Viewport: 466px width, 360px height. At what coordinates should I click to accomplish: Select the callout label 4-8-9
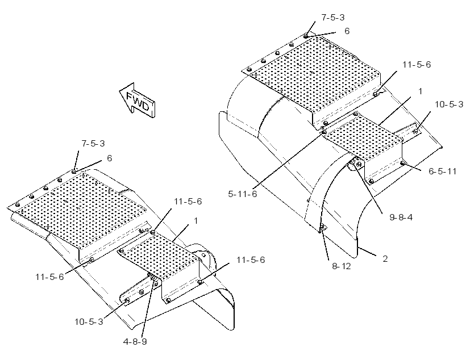coord(135,342)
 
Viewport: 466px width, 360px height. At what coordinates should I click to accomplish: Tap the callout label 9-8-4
coord(401,217)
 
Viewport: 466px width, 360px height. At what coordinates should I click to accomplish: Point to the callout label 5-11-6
coord(242,194)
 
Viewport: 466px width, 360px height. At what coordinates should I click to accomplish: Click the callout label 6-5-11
coord(442,171)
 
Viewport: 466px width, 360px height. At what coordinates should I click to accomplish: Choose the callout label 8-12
coord(341,266)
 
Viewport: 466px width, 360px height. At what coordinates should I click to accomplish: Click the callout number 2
coord(385,259)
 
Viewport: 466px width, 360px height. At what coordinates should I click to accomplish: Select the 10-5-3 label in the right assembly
coord(449,104)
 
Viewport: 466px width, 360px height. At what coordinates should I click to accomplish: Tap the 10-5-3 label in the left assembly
coord(89,322)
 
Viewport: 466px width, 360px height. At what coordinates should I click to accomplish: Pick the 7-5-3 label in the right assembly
coord(333,18)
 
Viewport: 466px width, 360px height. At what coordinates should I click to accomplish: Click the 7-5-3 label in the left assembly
coord(93,144)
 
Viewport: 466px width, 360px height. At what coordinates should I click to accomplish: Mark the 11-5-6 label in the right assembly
coord(417,65)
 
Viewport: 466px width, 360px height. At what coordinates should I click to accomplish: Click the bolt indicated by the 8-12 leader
coord(322,228)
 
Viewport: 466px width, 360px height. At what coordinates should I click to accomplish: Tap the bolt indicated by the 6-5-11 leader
coord(402,163)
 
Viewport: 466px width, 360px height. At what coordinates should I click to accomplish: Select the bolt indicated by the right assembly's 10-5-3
coord(416,131)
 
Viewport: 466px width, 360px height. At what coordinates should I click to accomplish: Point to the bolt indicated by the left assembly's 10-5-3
coord(126,301)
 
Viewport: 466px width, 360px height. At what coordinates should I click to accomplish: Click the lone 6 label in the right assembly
coord(347,31)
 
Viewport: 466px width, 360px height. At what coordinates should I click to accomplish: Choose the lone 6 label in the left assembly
coord(109,158)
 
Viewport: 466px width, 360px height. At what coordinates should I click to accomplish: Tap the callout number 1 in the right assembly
coord(420,91)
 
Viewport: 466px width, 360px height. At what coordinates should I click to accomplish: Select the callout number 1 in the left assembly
coord(195,221)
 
